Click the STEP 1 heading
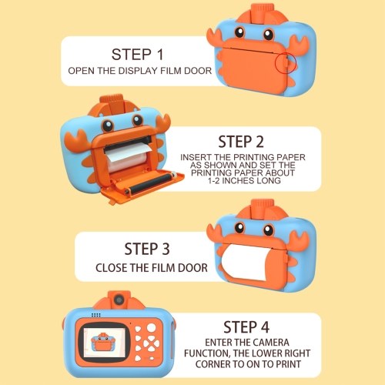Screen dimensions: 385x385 [137, 55]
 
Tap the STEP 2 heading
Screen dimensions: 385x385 [241, 142]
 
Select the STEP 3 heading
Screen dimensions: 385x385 [147, 249]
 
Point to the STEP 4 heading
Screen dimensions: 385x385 [246, 327]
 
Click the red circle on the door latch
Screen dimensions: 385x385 [286, 62]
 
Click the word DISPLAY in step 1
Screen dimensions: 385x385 [138, 71]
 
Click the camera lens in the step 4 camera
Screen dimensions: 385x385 [119, 300]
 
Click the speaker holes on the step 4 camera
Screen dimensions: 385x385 [96, 315]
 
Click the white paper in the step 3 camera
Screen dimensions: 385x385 [245, 262]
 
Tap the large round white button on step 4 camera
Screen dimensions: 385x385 [152, 327]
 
